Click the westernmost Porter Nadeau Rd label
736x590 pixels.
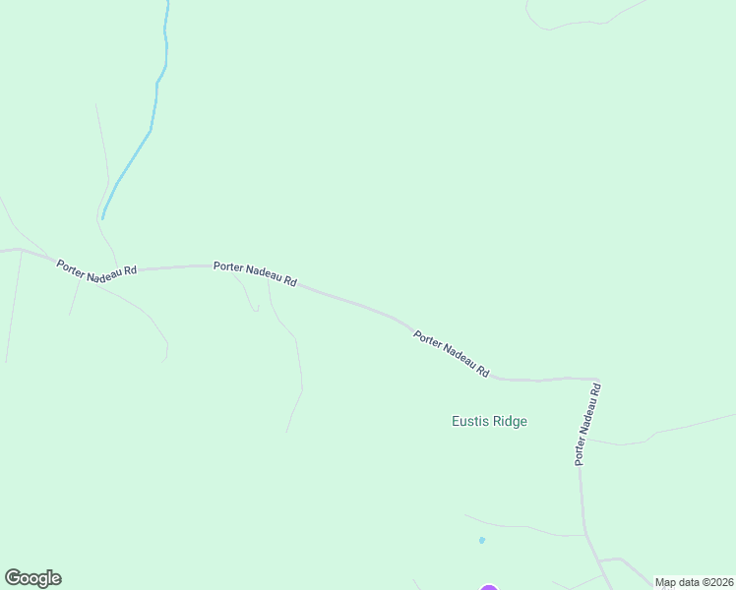pos(96,272)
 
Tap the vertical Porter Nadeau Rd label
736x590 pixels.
pos(587,424)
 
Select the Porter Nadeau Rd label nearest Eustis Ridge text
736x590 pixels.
pos(452,354)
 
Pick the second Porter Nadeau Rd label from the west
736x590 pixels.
pos(255,272)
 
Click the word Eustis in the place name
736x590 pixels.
pos(469,422)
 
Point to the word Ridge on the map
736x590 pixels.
pos(510,422)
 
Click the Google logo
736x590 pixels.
pos(32,578)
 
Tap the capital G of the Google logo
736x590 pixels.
pos(13,577)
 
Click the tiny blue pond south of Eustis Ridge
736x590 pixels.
pos(481,540)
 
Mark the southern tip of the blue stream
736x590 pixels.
pos(102,217)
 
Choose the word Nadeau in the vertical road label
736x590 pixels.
pos(587,426)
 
